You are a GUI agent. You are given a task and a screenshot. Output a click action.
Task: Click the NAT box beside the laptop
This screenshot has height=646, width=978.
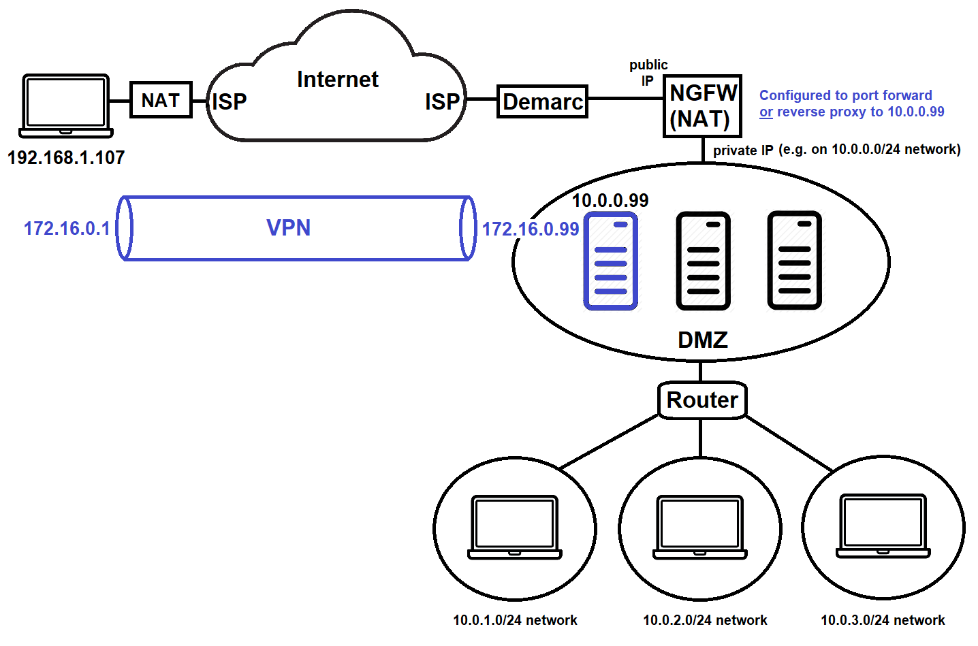(x=161, y=100)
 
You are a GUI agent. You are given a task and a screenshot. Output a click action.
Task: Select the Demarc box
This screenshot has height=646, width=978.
(x=542, y=102)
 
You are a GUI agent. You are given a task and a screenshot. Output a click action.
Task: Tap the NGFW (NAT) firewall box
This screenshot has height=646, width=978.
(x=702, y=106)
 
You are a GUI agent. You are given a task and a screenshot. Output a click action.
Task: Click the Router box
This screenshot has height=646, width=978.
(x=701, y=400)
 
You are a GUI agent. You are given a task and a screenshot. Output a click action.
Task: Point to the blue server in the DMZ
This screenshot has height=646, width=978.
(x=611, y=261)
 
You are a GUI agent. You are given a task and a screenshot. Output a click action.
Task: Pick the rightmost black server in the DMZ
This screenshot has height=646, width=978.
(x=794, y=261)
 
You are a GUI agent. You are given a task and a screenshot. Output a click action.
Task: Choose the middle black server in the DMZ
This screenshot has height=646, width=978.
(x=703, y=261)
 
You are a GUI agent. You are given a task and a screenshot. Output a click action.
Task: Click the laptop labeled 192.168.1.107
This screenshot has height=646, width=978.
(x=65, y=106)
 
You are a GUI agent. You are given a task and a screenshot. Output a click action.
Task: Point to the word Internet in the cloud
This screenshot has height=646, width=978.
(x=337, y=80)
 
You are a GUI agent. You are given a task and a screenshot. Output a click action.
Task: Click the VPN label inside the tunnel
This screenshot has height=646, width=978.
(x=288, y=227)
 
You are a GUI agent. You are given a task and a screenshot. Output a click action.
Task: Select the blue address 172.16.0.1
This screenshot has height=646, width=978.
(x=67, y=229)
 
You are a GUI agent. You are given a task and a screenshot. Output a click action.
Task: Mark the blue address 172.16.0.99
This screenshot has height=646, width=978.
(x=531, y=229)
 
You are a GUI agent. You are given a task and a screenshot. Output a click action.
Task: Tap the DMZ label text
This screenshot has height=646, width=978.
(x=703, y=340)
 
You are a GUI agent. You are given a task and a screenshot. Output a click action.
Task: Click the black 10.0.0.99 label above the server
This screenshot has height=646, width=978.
(x=610, y=201)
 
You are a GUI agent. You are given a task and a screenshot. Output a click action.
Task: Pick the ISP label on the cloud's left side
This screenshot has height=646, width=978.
(x=230, y=102)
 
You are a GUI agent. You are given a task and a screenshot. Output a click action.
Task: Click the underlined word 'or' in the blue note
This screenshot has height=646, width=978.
(x=766, y=112)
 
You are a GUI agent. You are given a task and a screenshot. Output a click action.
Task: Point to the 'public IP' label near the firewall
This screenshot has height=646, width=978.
(x=648, y=72)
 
